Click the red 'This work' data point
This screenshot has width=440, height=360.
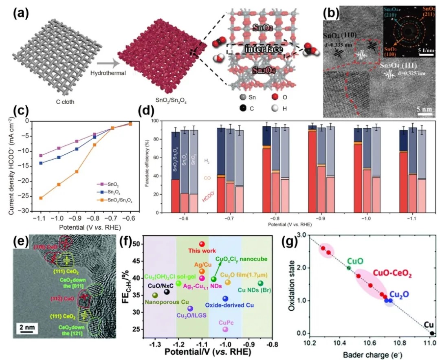tap(202, 244)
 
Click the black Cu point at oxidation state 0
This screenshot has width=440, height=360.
tap(432, 333)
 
